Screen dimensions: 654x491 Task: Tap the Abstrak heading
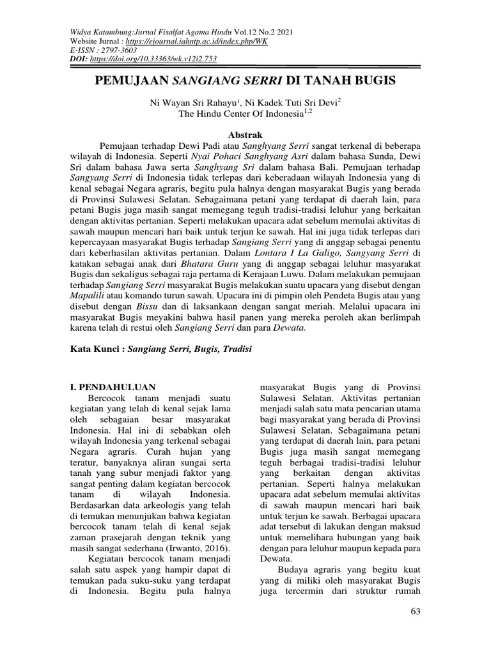click(x=245, y=135)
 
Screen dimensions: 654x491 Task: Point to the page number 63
click(x=416, y=612)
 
